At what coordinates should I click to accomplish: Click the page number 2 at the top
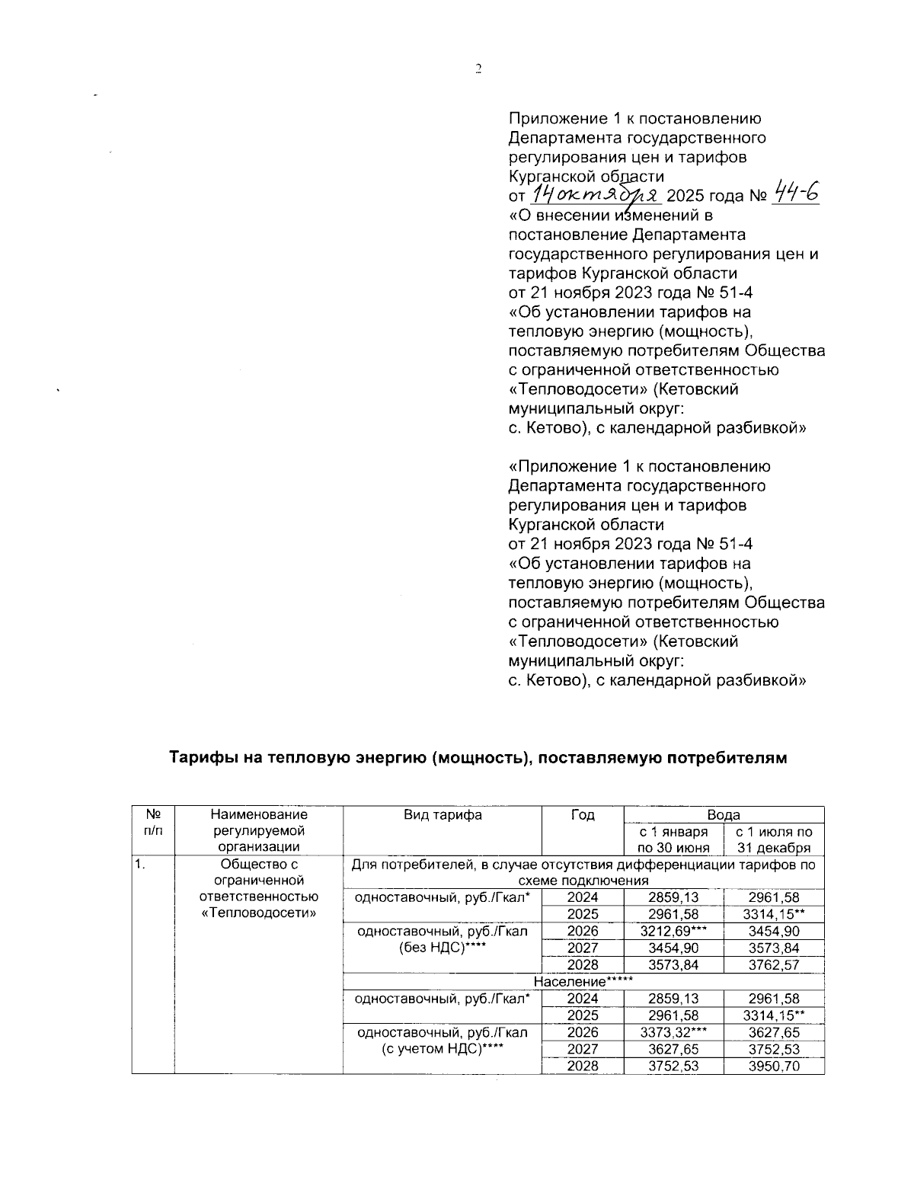pyautogui.click(x=478, y=69)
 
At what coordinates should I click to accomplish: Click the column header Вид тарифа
pyautogui.click(x=443, y=814)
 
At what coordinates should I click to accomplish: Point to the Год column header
pyautogui.click(x=583, y=814)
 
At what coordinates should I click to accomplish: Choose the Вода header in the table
pyautogui.click(x=724, y=814)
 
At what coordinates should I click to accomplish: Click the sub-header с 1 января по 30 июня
pyautogui.click(x=673, y=839)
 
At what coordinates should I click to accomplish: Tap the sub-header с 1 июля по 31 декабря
pyautogui.click(x=774, y=839)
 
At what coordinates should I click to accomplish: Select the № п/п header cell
pyautogui.click(x=153, y=822)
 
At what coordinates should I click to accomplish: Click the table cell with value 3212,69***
pyautogui.click(x=673, y=931)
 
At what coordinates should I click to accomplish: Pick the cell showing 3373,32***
pyautogui.click(x=673, y=1032)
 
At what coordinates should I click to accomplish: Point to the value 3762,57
pyautogui.click(x=774, y=964)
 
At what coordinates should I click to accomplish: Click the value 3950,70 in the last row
pyautogui.click(x=774, y=1066)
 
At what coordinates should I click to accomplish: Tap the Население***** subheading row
pyautogui.click(x=583, y=981)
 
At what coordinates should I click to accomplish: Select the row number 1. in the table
pyautogui.click(x=139, y=865)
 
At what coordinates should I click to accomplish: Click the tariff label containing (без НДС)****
pyautogui.click(x=443, y=939)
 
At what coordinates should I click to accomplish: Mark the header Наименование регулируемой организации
pyautogui.click(x=259, y=830)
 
